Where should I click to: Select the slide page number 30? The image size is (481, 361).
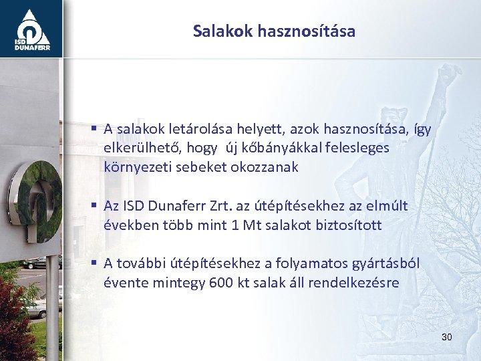[446, 338]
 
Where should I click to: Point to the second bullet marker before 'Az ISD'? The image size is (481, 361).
[96, 205]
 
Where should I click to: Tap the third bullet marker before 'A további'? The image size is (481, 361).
[96, 263]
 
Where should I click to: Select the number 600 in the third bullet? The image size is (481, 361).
[220, 283]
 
